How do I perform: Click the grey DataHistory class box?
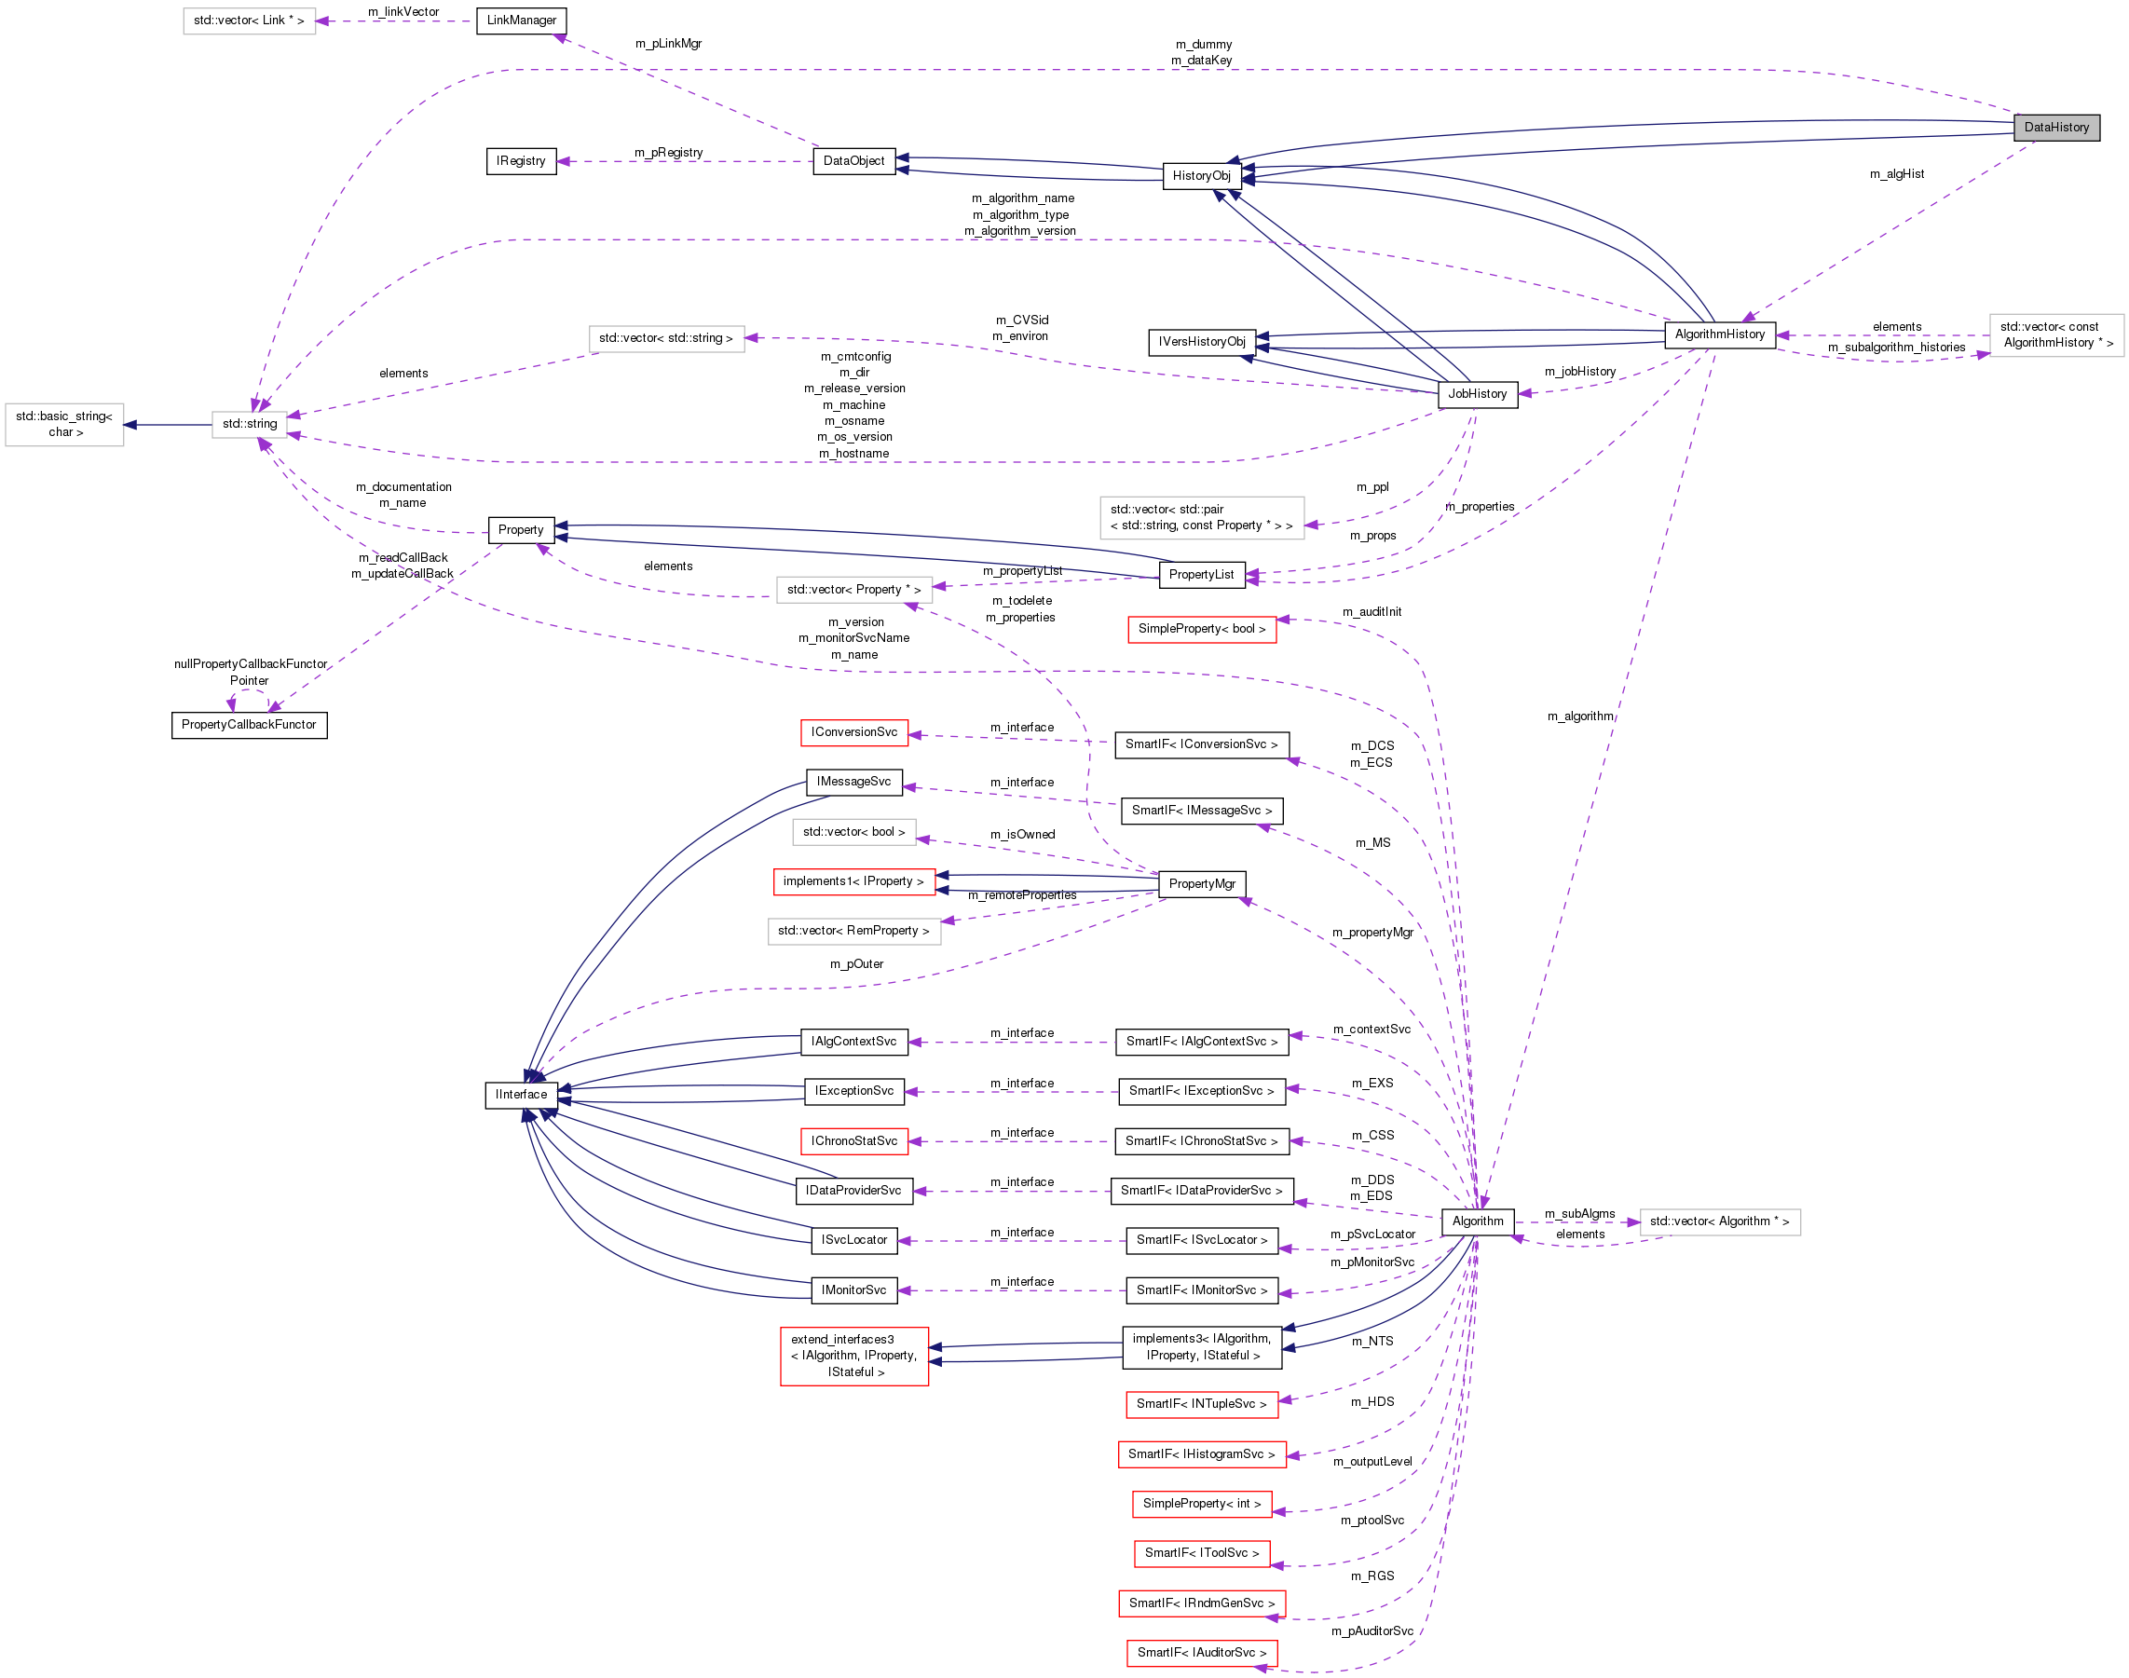point(2055,128)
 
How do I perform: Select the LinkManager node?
point(521,20)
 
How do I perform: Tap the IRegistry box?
point(521,161)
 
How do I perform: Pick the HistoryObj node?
point(1201,176)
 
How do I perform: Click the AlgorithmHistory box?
point(1718,335)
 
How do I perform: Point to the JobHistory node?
point(1476,394)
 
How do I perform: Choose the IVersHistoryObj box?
point(1201,342)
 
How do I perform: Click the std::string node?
point(250,425)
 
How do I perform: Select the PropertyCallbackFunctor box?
point(249,725)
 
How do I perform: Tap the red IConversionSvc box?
point(853,733)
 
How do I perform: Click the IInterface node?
point(521,1095)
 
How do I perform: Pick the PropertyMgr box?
point(1201,884)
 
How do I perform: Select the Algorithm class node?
point(1477,1221)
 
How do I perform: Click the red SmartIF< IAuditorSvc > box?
point(1201,1653)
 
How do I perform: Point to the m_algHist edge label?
point(1895,174)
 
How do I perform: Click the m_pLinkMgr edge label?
point(668,43)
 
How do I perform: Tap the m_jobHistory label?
point(1579,372)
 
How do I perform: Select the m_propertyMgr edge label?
point(1372,933)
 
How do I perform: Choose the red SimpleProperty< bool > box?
point(1201,629)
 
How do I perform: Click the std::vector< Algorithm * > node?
point(1718,1221)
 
